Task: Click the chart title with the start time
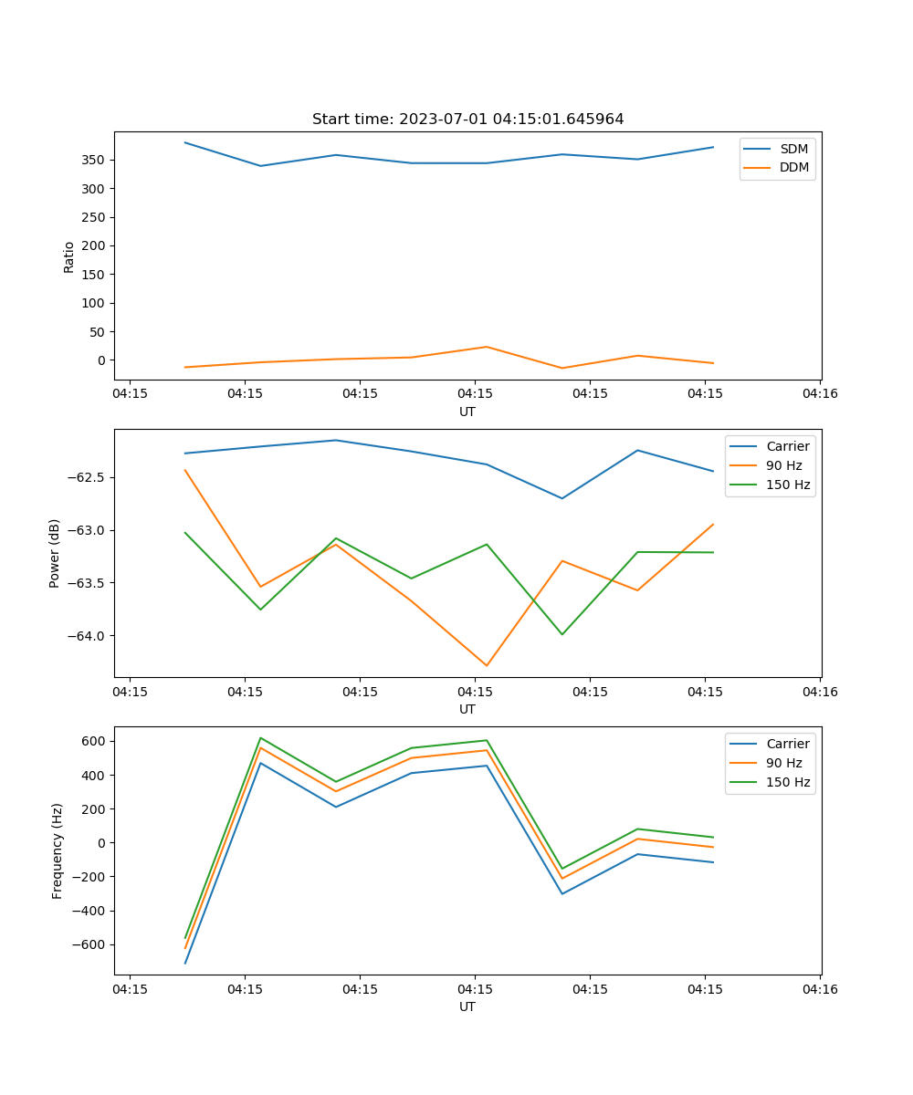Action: click(x=467, y=120)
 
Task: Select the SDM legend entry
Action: click(x=793, y=149)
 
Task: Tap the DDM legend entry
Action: click(x=793, y=168)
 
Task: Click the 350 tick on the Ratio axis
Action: click(x=93, y=160)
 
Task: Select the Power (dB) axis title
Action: click(x=56, y=553)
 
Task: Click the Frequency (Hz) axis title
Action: click(x=58, y=850)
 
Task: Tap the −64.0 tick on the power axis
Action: click(x=87, y=636)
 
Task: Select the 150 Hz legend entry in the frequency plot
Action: click(x=788, y=782)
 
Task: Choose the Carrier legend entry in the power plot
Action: click(x=787, y=446)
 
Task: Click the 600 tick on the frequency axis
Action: click(x=93, y=741)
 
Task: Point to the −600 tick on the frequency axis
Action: click(x=89, y=945)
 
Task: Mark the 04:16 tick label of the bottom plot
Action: click(x=819, y=988)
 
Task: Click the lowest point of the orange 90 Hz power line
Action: click(x=487, y=665)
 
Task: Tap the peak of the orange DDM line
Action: click(x=487, y=347)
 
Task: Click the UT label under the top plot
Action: click(x=467, y=412)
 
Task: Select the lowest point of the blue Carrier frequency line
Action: click(x=185, y=963)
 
